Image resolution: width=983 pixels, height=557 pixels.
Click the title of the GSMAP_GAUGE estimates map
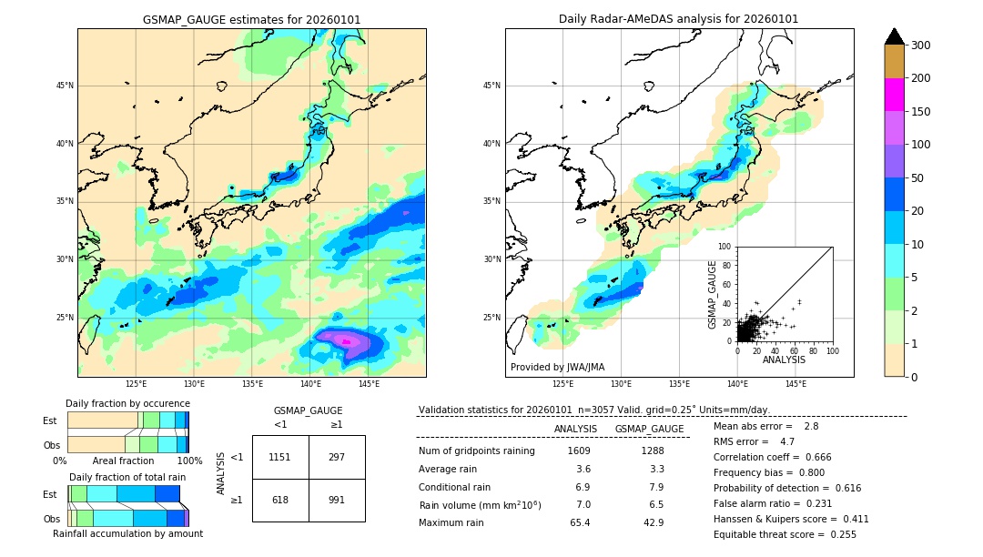[251, 19]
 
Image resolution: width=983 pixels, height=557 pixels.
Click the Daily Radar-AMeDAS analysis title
[678, 19]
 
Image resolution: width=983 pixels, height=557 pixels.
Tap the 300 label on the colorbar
[921, 46]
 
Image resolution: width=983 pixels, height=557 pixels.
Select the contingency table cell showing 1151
[280, 457]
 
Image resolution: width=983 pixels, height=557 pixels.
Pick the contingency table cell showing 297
[337, 457]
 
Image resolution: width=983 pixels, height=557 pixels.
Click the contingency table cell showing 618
[280, 500]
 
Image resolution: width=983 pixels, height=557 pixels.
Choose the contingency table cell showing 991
[337, 500]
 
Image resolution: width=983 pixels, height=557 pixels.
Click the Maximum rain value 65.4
[580, 522]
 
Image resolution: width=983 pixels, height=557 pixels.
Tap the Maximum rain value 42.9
[653, 522]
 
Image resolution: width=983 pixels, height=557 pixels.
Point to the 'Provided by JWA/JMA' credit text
[557, 368]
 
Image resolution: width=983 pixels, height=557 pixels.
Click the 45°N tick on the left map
[64, 86]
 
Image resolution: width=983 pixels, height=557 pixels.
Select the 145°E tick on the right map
[796, 384]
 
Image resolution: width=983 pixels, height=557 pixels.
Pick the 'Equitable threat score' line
[785, 534]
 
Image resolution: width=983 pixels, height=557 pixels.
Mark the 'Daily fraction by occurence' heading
[127, 403]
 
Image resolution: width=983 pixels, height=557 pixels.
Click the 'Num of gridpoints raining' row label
[476, 451]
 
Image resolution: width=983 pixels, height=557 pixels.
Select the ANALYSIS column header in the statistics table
[575, 429]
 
